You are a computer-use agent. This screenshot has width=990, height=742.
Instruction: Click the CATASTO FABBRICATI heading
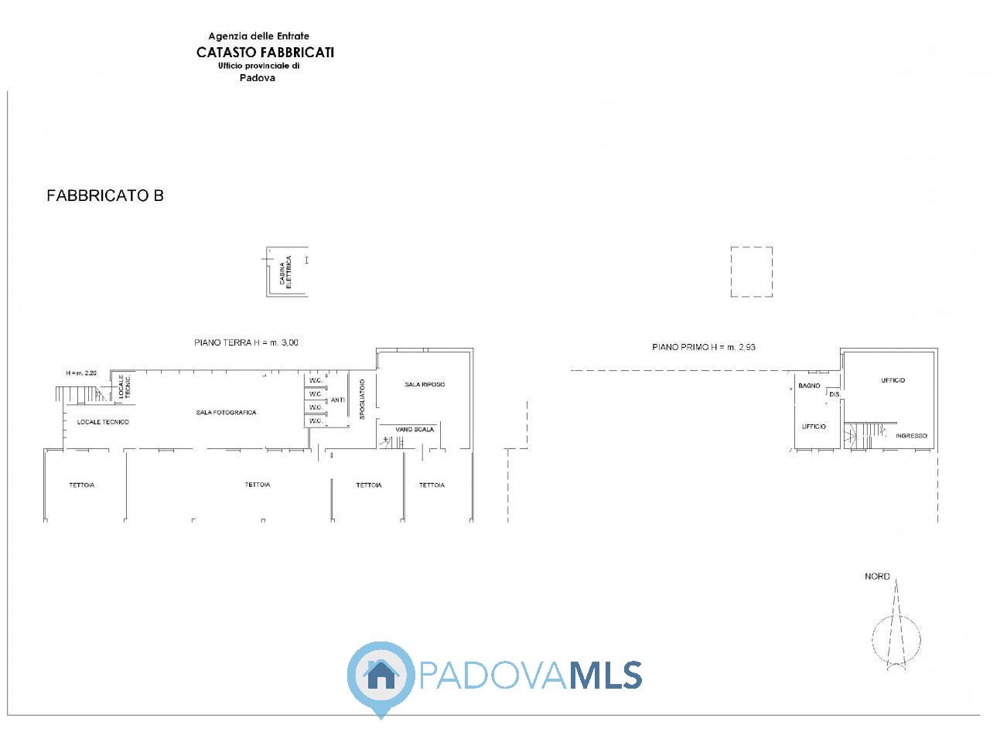265,53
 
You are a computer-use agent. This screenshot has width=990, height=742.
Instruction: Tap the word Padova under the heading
257,77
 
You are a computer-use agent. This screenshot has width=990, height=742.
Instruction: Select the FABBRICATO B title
105,196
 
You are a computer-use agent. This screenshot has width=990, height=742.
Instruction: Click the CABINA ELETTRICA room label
285,272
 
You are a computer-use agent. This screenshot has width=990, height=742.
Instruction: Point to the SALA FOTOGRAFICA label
226,412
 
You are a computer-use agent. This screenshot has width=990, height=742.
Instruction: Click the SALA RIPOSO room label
425,384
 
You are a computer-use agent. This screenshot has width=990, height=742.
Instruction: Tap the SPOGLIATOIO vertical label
362,399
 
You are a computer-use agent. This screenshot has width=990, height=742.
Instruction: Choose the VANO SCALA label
415,429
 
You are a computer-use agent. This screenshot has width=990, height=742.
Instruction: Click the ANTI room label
338,400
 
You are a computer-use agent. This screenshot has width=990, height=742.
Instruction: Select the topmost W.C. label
316,380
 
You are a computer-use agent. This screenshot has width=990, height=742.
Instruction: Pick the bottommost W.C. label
316,420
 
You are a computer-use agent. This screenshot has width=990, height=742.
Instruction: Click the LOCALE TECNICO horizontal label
103,422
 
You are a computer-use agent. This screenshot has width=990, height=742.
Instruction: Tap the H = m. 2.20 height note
81,373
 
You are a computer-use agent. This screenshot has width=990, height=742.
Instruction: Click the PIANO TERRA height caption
246,342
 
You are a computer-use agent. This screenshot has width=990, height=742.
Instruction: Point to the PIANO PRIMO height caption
704,347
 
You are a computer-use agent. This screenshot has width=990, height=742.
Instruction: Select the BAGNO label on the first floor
809,386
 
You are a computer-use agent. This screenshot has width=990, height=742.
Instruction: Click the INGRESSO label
912,436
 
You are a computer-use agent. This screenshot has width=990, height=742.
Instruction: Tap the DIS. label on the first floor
835,394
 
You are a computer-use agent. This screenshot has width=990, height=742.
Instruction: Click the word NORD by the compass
877,577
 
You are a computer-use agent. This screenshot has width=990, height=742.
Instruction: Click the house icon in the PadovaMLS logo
381,675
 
